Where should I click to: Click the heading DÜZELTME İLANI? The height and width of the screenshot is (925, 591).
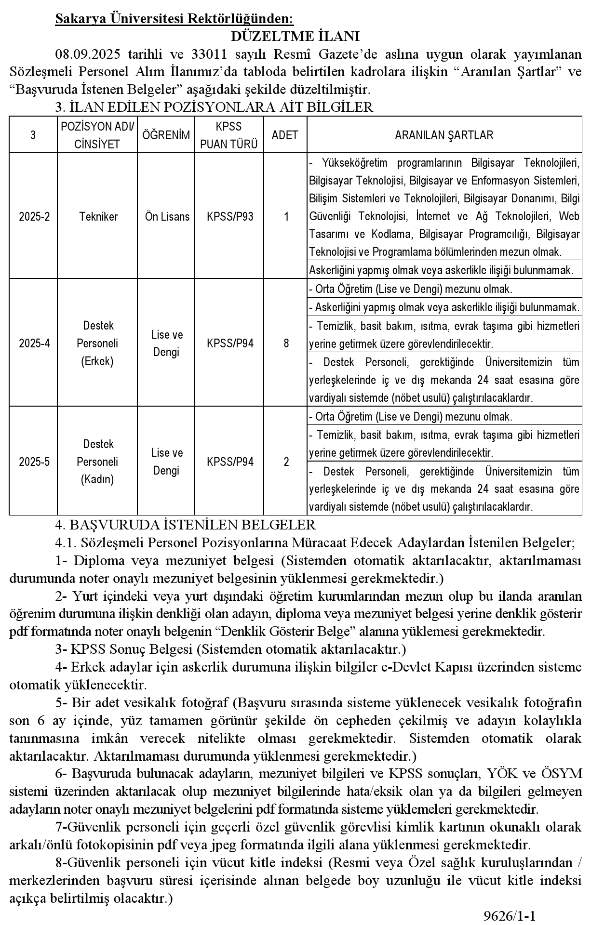[x=295, y=37]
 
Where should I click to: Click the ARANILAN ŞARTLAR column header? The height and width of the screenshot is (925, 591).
[x=443, y=135]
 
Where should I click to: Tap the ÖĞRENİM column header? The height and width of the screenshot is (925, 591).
[x=166, y=135]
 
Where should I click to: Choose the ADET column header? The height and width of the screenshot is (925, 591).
[x=285, y=135]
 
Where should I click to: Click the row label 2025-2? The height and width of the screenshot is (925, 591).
[x=34, y=216]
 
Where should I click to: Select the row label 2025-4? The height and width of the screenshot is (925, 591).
[x=34, y=343]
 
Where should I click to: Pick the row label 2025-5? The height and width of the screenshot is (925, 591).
[x=34, y=462]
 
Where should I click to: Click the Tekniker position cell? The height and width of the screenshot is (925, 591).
[x=98, y=216]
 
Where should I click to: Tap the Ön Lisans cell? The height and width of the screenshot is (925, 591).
[x=167, y=216]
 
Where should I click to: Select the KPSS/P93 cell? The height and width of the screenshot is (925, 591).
[x=229, y=216]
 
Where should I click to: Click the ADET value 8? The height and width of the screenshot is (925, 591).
[x=286, y=343]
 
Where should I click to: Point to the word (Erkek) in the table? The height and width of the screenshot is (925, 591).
[x=97, y=361]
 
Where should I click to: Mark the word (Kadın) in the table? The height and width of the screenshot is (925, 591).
[x=97, y=480]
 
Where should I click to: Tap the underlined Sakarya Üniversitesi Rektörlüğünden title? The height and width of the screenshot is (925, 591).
[x=174, y=19]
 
